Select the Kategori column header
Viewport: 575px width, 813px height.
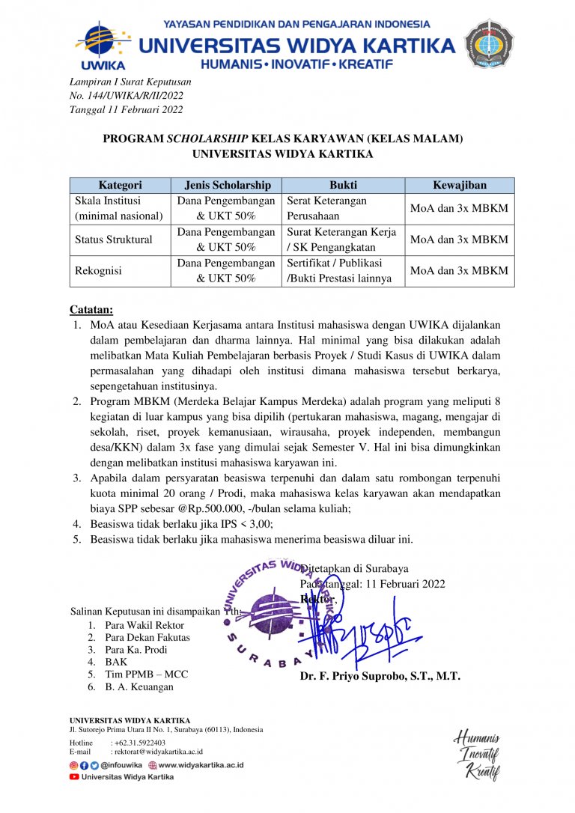[120, 185]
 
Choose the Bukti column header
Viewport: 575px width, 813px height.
[343, 185]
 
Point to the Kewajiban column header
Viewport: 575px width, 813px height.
[459, 185]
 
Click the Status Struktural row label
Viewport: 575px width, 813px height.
[113, 240]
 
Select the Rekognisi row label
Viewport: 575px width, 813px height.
[98, 271]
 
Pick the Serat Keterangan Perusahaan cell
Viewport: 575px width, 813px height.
[326, 208]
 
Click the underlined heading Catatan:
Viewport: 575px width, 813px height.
[91, 309]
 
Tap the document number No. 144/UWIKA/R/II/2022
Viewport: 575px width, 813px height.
[126, 95]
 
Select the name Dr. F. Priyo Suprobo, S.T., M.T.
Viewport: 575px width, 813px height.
[380, 676]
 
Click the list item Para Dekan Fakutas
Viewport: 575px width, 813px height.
[147, 637]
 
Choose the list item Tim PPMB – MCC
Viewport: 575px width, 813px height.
[146, 674]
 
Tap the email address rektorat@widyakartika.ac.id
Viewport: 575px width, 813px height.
[156, 751]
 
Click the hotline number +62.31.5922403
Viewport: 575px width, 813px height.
[138, 742]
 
